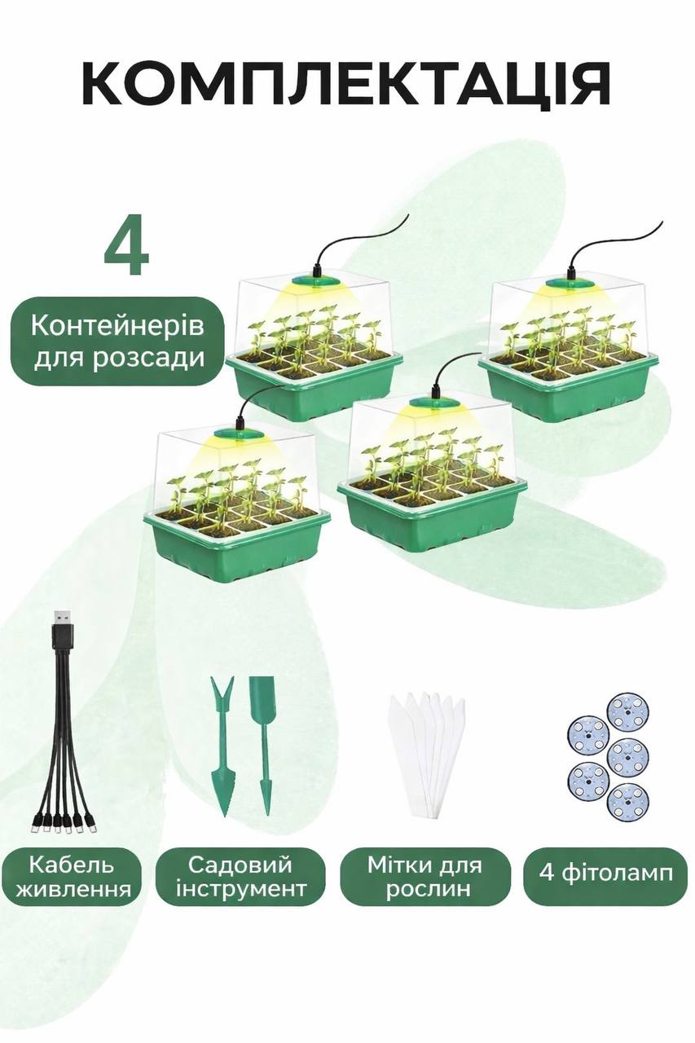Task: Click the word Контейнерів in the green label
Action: pos(117,326)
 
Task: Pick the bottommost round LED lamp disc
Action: pos(629,801)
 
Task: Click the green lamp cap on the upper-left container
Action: pos(315,283)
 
